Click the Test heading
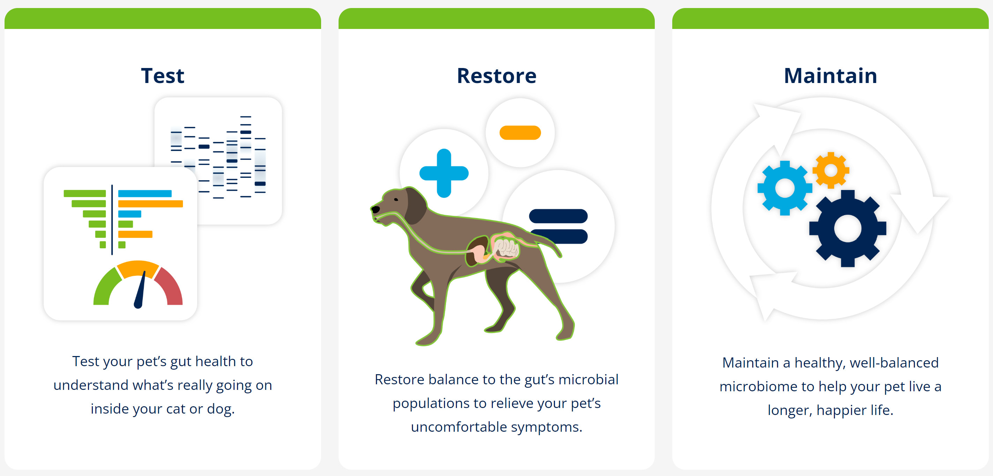point(163,75)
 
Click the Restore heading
point(496,75)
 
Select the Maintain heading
point(830,75)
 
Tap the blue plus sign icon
point(444,173)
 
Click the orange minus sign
point(520,133)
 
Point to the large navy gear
point(848,228)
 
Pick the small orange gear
point(831,170)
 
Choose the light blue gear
point(785,188)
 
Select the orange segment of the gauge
point(138,268)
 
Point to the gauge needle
point(140,289)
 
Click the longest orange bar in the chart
point(150,204)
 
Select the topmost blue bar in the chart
point(145,193)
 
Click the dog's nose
point(375,209)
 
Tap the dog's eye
point(396,199)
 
